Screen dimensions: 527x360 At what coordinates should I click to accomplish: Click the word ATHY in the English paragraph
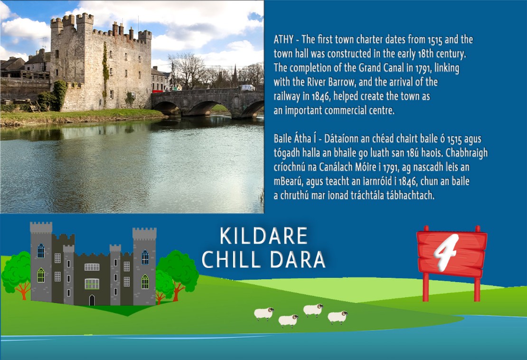pyautogui.click(x=283, y=39)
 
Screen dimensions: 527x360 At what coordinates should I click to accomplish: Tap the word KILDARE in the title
pyautogui.click(x=264, y=236)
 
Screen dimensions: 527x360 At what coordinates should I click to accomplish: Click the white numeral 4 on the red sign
pyautogui.click(x=446, y=251)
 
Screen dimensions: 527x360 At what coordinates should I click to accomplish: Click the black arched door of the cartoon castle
pyautogui.click(x=92, y=300)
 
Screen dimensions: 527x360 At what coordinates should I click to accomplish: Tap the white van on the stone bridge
pyautogui.click(x=247, y=88)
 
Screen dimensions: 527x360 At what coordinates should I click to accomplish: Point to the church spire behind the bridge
pyautogui.click(x=235, y=75)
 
